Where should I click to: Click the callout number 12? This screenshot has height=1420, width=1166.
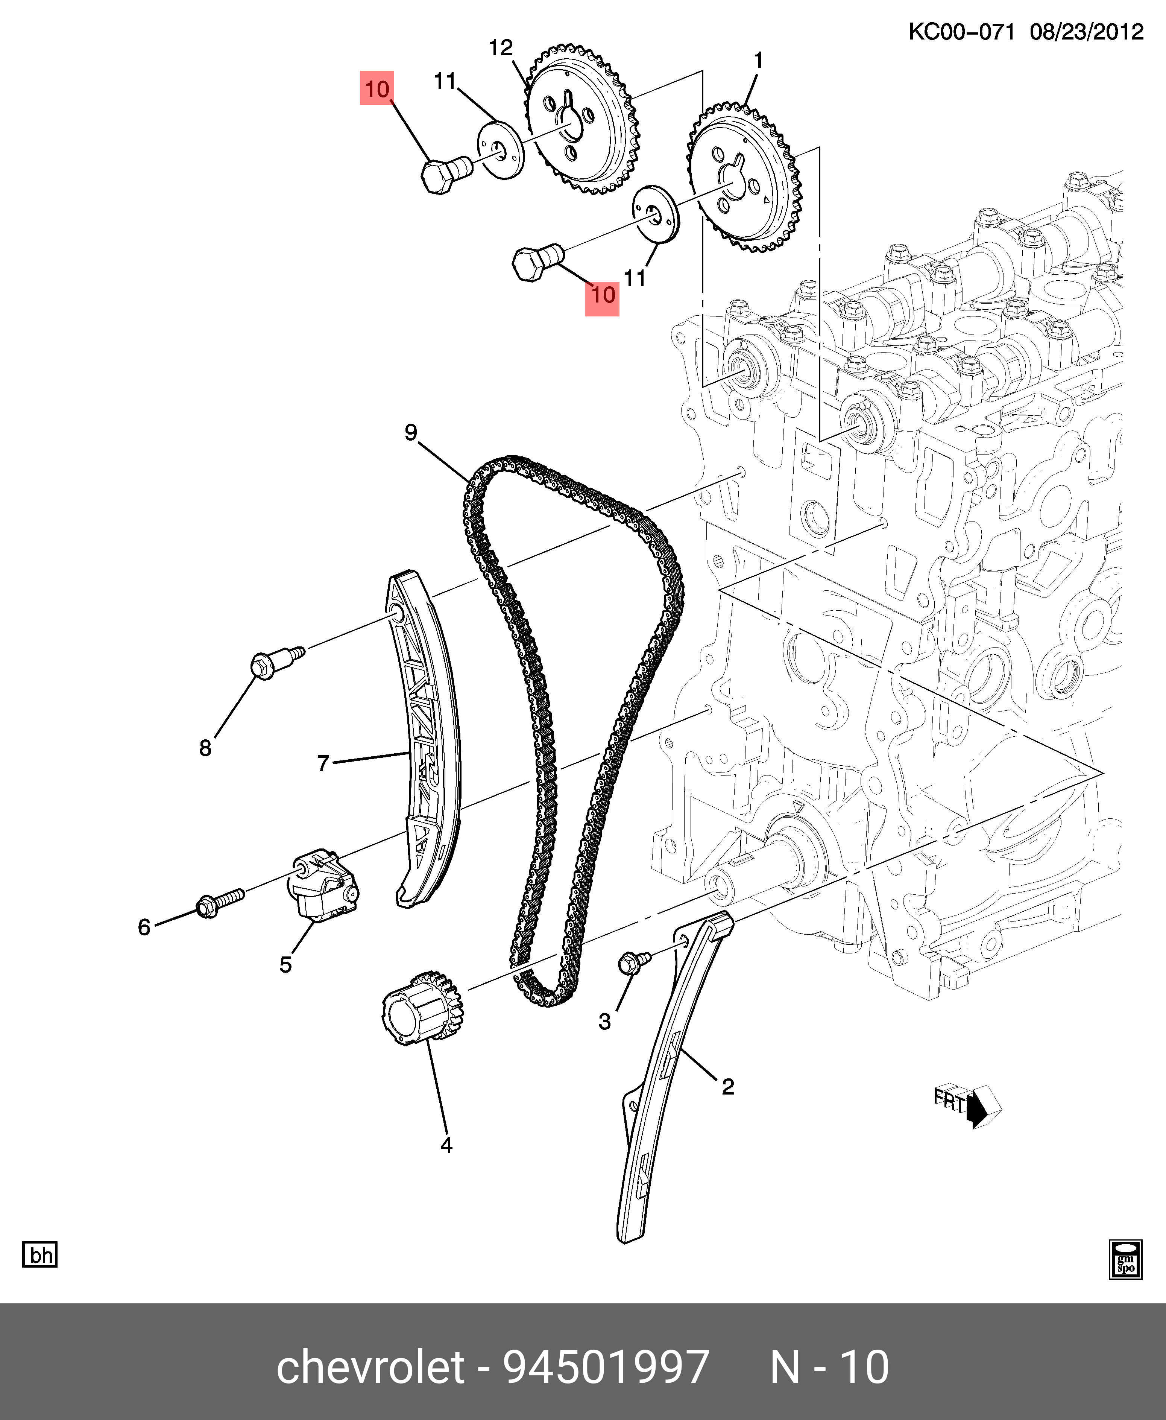click(500, 48)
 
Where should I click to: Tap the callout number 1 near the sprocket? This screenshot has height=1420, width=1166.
click(758, 61)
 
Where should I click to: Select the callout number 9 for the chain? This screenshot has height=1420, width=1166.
click(410, 433)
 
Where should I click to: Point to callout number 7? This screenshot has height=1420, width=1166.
click(323, 763)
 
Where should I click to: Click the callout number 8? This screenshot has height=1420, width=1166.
click(205, 748)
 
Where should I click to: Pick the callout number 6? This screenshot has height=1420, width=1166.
click(144, 927)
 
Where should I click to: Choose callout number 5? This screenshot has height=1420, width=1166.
click(285, 965)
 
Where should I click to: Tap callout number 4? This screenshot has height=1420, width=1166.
click(446, 1145)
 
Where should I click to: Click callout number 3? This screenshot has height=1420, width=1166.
click(604, 1022)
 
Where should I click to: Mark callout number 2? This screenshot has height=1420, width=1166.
click(727, 1086)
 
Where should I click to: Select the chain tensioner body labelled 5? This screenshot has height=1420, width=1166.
click(324, 885)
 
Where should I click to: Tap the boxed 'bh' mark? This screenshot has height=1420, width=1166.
click(40, 1255)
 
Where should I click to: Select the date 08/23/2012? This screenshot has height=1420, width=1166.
click(1086, 32)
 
